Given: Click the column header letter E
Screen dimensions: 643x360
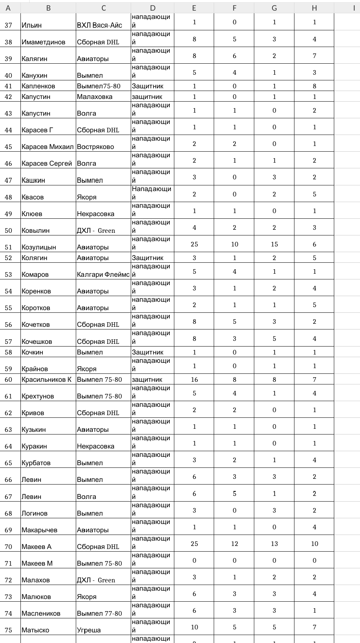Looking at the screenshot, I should pos(194,8).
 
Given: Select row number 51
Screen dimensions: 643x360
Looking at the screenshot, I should pos(8,247).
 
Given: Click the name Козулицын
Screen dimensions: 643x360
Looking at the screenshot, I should pos(39,247).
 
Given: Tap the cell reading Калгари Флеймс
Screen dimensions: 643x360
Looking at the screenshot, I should pos(103,274).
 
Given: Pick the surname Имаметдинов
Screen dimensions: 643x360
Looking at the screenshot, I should pos(43,42).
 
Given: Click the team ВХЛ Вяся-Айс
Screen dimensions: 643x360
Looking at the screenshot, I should pos(99,25).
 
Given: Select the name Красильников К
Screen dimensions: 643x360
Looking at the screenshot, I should pos(46,380).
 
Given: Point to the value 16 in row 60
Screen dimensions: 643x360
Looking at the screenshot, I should pos(194,380).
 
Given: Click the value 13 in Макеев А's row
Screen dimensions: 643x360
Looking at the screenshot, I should pos(274,544).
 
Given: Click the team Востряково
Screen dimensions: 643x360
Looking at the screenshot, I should pos(95,147).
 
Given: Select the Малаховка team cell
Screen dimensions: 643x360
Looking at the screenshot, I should pos(94,97).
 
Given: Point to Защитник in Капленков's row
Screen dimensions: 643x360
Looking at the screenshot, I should pos(147,86).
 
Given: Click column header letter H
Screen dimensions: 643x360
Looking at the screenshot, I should pos(314,8).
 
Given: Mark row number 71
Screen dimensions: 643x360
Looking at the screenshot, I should pos(8,563).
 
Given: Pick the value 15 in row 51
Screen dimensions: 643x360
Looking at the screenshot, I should pos(274,244).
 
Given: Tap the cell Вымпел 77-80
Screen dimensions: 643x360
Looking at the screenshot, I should pos(99,613).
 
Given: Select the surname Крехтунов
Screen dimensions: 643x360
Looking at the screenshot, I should pos(38,396).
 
